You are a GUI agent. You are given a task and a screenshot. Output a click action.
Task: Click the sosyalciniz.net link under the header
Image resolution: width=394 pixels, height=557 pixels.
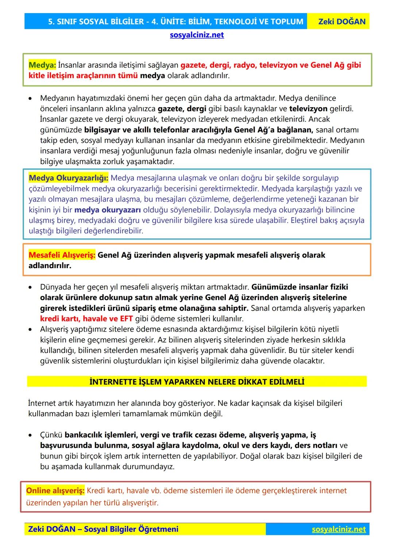click(x=197, y=35)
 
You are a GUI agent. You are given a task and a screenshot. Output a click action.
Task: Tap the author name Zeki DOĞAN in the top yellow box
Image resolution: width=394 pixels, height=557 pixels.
click(x=341, y=22)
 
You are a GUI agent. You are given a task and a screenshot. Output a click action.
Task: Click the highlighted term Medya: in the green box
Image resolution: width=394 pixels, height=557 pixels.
click(x=42, y=65)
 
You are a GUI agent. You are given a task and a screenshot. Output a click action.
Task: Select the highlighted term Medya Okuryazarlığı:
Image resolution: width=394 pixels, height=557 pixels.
click(x=68, y=178)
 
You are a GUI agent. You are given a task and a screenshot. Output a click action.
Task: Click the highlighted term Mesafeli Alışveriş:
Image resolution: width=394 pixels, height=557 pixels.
click(x=62, y=255)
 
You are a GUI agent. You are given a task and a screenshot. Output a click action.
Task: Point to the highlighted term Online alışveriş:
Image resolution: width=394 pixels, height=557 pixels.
click(x=55, y=491)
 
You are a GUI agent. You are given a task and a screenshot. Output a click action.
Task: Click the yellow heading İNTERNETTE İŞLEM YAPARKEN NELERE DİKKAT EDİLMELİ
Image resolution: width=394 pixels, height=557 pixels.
click(x=197, y=382)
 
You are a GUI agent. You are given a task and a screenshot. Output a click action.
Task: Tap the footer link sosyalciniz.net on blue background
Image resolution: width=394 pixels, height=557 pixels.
click(x=339, y=529)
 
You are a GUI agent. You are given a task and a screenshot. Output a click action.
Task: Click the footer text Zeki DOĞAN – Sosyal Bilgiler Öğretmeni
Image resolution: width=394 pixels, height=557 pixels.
click(x=103, y=529)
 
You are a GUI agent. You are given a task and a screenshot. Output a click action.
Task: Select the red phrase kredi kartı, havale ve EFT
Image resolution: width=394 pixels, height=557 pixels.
click(x=86, y=318)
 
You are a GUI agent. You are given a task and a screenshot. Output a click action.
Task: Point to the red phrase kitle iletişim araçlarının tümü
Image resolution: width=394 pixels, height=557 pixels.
click(x=83, y=76)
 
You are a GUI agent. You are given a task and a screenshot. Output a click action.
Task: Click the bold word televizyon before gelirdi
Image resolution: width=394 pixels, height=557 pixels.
click(x=308, y=109)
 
